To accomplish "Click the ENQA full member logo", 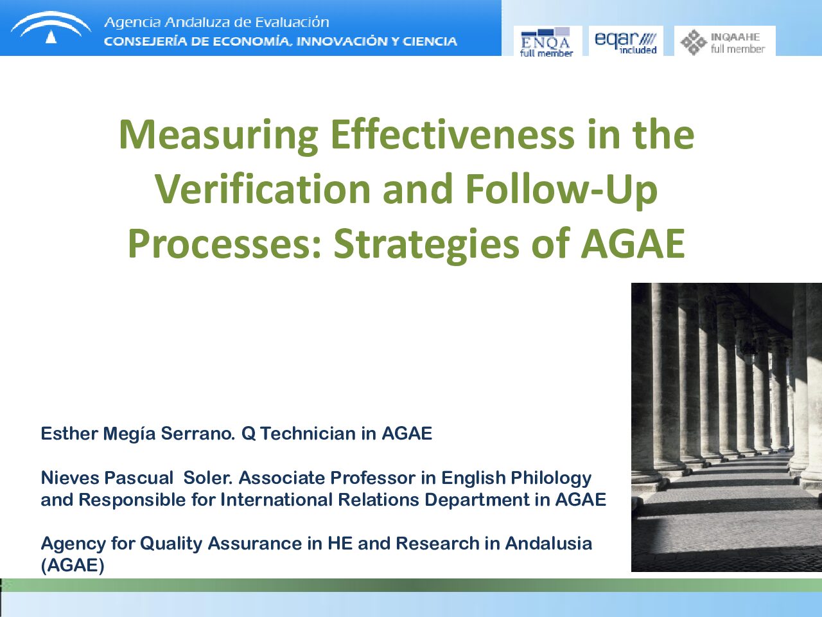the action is [x=548, y=41].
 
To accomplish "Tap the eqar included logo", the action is [x=625, y=41].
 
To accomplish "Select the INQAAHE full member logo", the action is [x=724, y=41].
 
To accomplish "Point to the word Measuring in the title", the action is [x=218, y=136].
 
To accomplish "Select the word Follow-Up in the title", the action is [x=561, y=190].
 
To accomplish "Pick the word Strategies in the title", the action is [x=426, y=244].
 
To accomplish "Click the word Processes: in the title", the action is [x=225, y=244].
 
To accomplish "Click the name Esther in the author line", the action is [x=69, y=433].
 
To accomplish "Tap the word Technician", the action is [x=308, y=433].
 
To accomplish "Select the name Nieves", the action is [x=69, y=478].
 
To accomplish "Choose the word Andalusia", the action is [x=548, y=544].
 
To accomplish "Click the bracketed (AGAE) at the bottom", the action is [x=73, y=566].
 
